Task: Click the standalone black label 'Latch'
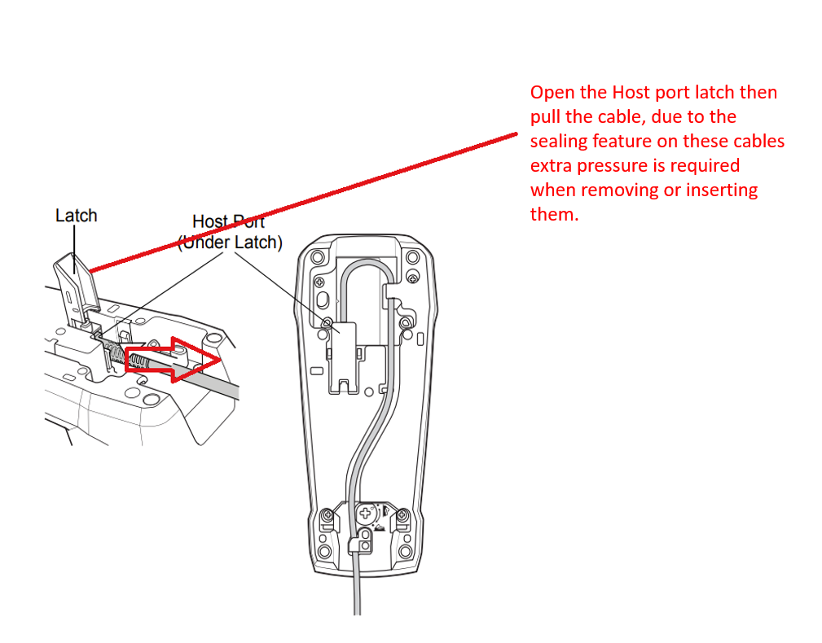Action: click(76, 216)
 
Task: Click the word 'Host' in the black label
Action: click(209, 221)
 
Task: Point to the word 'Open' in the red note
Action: click(552, 93)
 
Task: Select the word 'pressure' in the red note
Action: click(615, 166)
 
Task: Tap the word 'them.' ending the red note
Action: click(554, 215)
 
